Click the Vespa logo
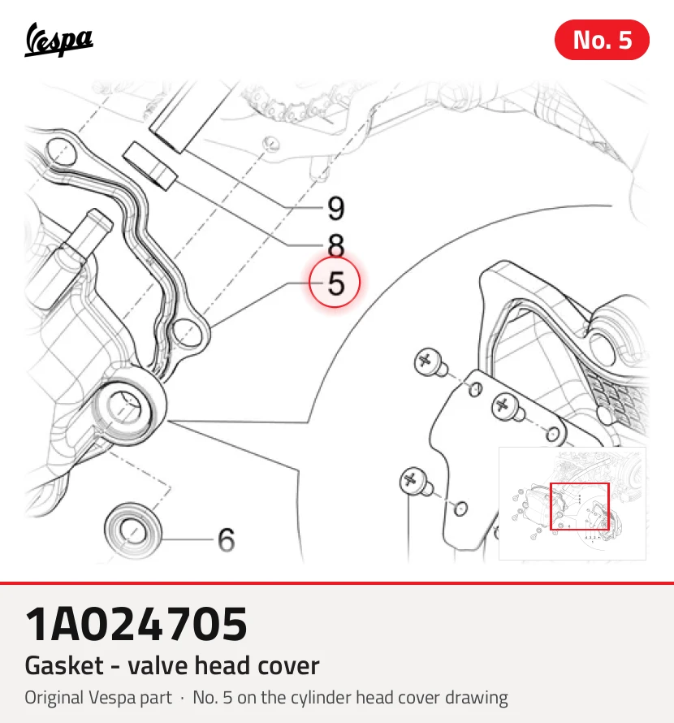click(58, 40)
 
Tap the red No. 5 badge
click(602, 40)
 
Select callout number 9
click(336, 209)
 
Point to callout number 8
click(336, 245)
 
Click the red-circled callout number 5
click(335, 282)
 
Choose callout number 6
click(227, 539)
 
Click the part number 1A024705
click(136, 624)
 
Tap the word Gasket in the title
click(64, 665)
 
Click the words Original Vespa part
click(98, 698)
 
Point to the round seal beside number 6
click(133, 529)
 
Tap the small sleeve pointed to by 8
click(150, 166)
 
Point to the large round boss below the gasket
click(127, 408)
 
